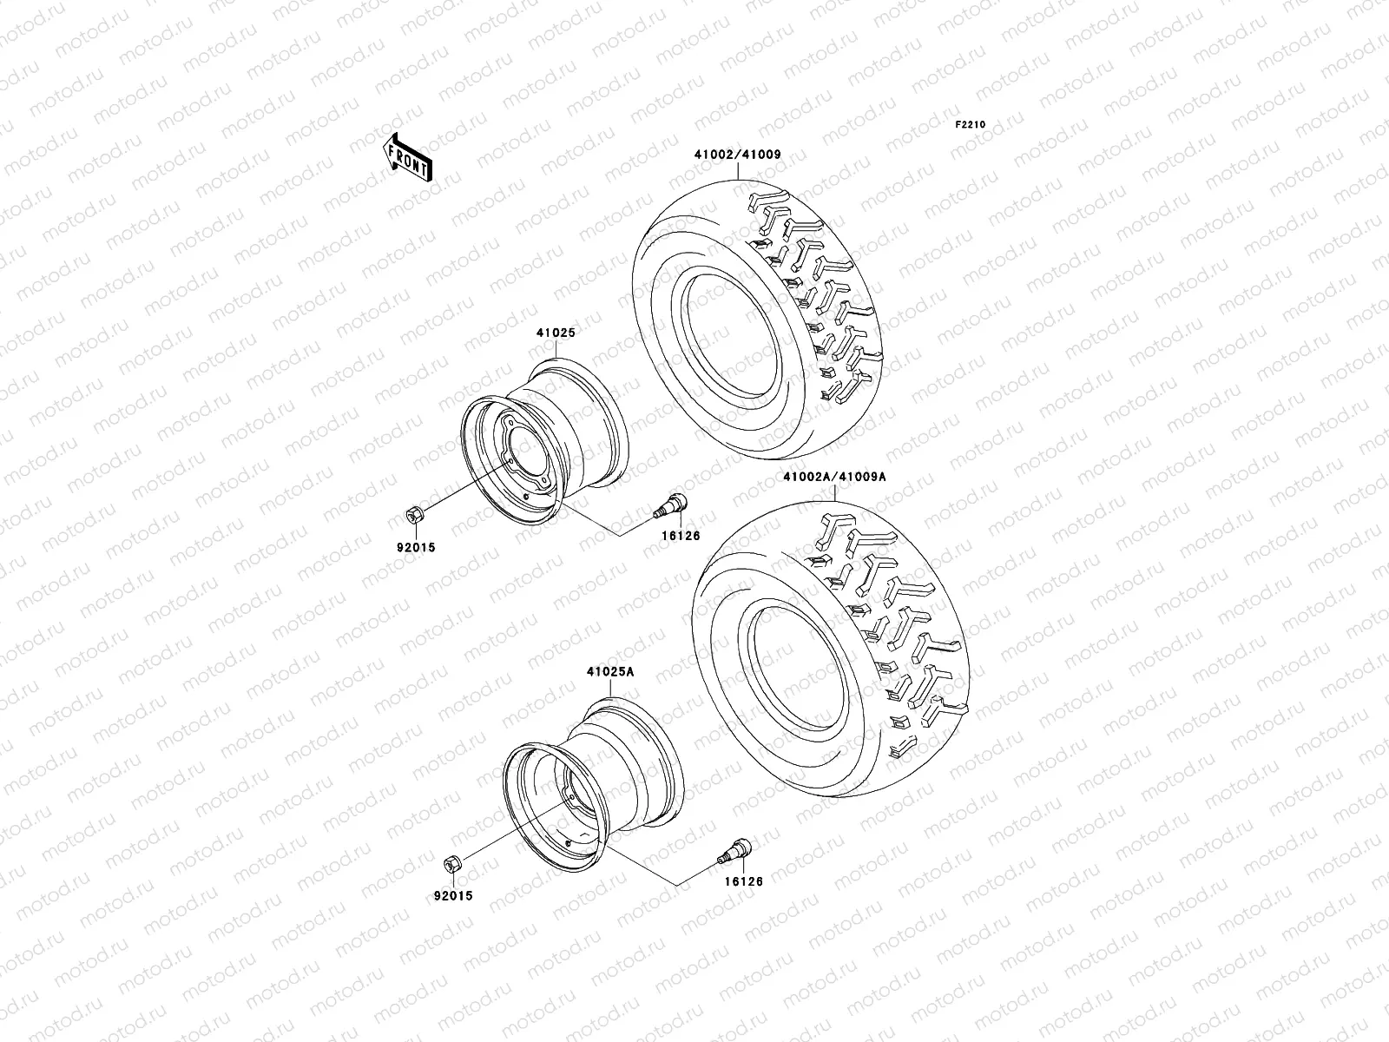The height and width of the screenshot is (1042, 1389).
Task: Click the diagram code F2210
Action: point(971,125)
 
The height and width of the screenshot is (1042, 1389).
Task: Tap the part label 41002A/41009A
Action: point(833,477)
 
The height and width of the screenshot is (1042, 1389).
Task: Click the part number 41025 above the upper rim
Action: point(556,333)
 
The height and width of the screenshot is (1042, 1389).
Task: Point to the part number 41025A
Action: point(610,672)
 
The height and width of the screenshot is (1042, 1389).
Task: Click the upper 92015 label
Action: point(418,547)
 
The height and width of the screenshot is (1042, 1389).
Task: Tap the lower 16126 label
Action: point(744,880)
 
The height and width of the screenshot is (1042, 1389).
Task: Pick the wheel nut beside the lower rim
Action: point(452,863)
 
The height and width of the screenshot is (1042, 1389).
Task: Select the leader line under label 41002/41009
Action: point(738,170)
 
